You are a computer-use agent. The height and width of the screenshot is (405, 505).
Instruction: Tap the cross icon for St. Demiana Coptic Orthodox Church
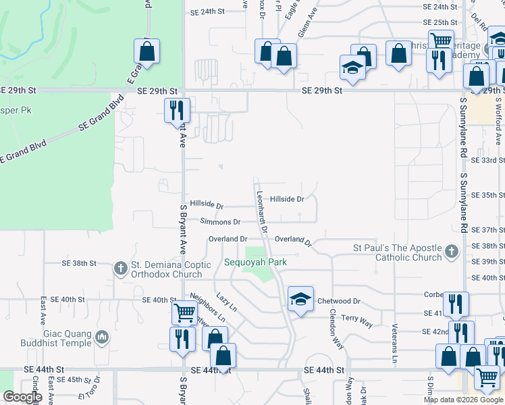(121, 269)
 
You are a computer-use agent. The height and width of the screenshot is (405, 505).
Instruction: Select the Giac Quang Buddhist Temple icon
(102, 336)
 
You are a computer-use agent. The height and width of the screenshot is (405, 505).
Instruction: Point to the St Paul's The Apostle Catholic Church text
(397, 252)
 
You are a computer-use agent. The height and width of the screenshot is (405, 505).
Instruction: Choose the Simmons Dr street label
(220, 221)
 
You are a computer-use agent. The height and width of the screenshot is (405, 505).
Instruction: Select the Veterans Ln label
(394, 340)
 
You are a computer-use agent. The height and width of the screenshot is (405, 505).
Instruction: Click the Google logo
(22, 397)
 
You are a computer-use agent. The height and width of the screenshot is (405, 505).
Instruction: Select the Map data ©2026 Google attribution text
(463, 399)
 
